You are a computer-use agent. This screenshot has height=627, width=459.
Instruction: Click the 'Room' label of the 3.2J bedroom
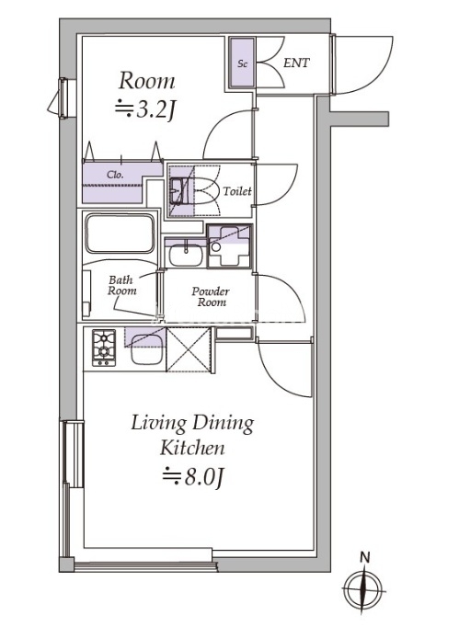tap(147, 80)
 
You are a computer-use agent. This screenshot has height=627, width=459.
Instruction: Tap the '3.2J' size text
tap(145, 109)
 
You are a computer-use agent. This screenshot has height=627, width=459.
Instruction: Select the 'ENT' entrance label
tap(296, 63)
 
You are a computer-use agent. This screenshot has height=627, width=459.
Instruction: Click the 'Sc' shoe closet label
tap(242, 63)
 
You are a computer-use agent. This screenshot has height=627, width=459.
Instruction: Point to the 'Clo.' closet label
tap(115, 175)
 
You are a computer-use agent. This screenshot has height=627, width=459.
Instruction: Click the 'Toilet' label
tap(237, 191)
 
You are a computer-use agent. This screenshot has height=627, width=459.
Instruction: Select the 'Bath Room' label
tap(121, 285)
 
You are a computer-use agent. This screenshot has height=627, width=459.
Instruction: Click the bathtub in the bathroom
tap(120, 234)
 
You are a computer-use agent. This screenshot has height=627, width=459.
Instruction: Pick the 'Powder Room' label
tap(211, 297)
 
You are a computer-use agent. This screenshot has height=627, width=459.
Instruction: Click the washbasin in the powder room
tap(186, 256)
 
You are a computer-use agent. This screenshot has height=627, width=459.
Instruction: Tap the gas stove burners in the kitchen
tap(104, 348)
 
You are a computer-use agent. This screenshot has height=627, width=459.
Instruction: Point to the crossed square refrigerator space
tap(188, 349)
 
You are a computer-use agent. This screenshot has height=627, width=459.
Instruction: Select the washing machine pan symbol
tap(228, 246)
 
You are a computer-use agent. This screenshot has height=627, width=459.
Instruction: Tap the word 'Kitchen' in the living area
tap(192, 448)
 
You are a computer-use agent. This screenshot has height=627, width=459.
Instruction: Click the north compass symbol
tap(363, 590)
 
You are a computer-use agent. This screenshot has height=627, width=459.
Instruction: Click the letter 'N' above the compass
tap(364, 557)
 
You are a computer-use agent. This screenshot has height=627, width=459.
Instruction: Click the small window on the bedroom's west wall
tap(63, 98)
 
